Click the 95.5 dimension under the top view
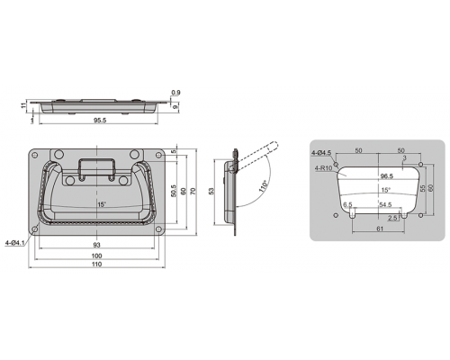(100, 121)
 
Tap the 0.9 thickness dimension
(176, 93)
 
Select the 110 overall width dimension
(96, 265)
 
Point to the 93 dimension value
(96, 245)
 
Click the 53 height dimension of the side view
(211, 191)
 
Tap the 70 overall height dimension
(193, 191)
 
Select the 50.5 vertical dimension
(174, 191)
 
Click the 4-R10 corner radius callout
(323, 168)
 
